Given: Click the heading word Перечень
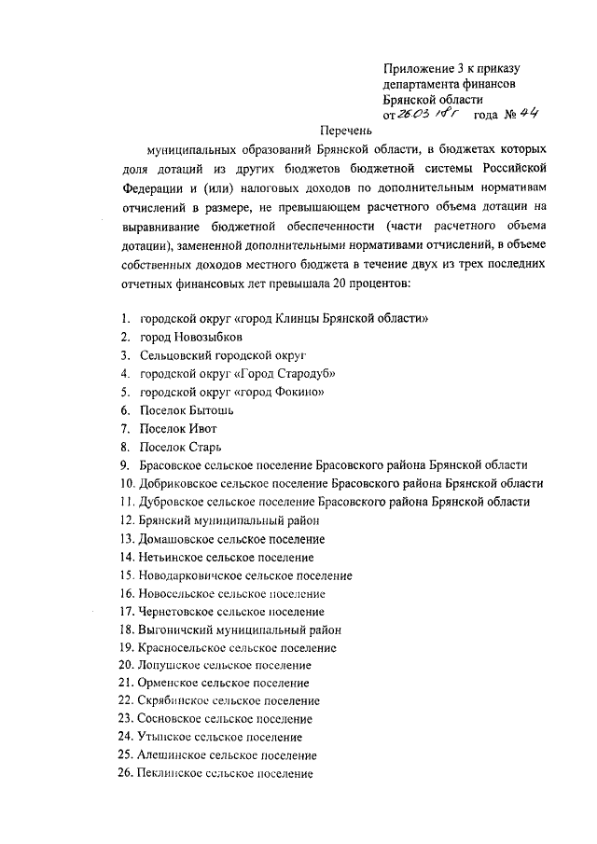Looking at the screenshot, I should coord(346,131).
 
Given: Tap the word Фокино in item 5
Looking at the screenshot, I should coord(296,392).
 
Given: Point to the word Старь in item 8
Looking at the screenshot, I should coord(202,447).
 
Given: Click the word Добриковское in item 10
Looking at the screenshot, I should coord(178,483).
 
